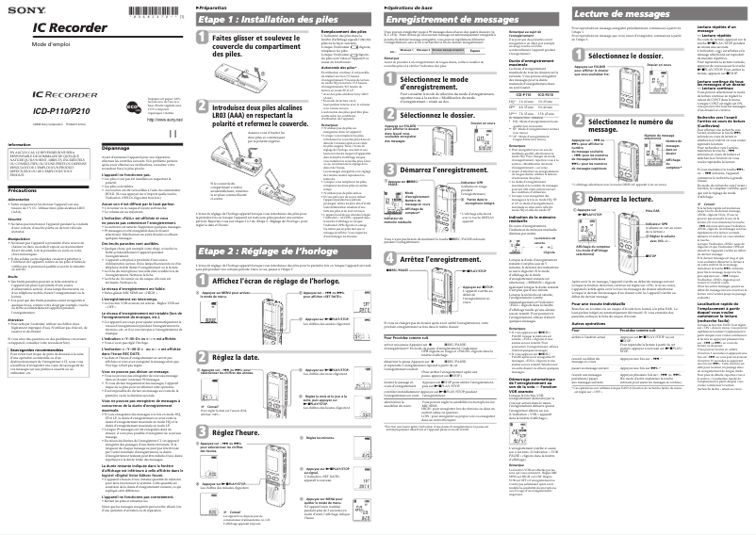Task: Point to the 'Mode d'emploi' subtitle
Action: pyautogui.click(x=41, y=46)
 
